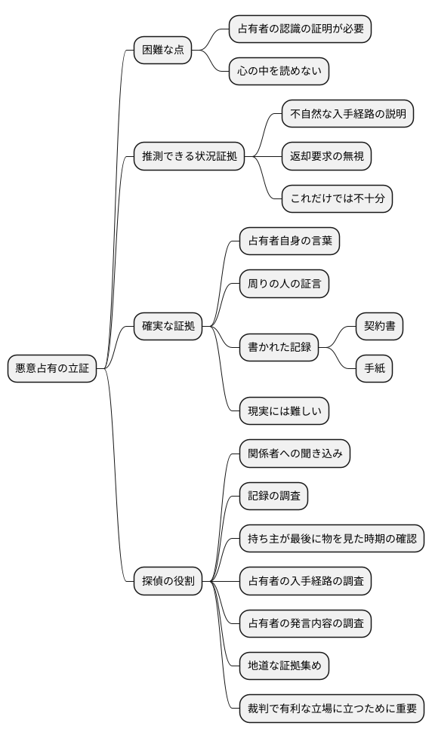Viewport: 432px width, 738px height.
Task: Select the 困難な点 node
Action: [162, 51]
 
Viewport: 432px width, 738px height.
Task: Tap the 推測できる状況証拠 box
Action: [190, 157]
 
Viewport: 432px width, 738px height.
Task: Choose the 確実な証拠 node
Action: [168, 327]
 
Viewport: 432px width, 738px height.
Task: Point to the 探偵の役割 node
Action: [168, 581]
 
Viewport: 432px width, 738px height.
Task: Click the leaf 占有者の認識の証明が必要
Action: [301, 30]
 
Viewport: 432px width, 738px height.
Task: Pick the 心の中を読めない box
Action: [279, 72]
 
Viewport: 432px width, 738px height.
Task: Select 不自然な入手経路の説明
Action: [348, 115]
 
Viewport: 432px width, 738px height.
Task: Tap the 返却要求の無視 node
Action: [327, 157]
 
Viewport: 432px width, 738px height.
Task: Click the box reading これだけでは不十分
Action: [338, 199]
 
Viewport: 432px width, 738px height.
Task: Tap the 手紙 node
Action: [375, 369]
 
